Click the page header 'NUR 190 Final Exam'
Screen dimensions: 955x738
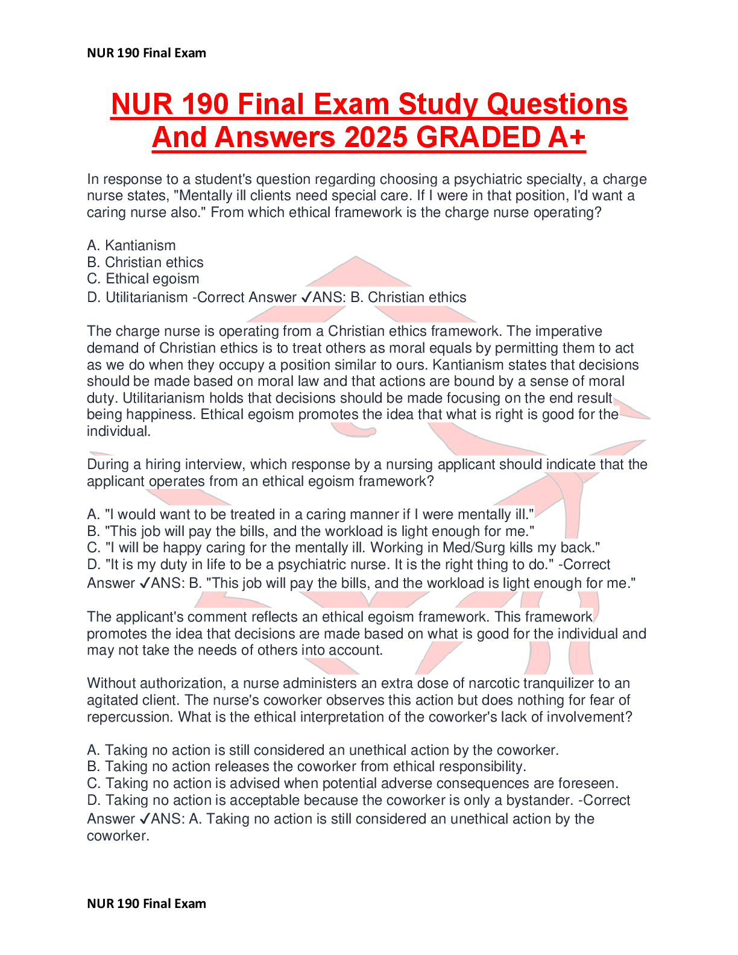147,53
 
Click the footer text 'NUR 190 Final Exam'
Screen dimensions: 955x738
147,903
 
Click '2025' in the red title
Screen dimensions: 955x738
376,137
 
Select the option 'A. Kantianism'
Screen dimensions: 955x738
131,245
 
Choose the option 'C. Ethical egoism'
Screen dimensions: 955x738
143,279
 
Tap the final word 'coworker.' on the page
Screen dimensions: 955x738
118,836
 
